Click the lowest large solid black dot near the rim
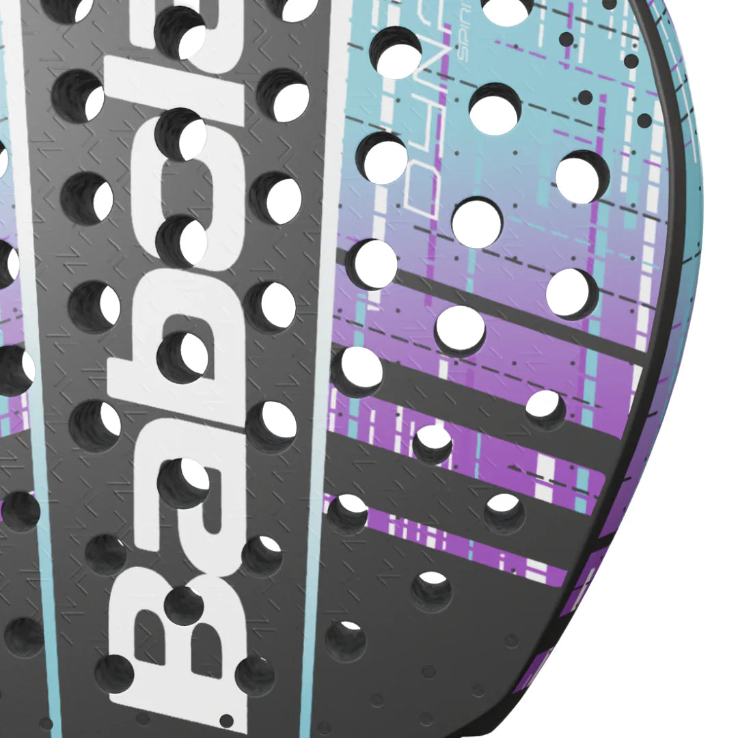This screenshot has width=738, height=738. (x=644, y=121)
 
